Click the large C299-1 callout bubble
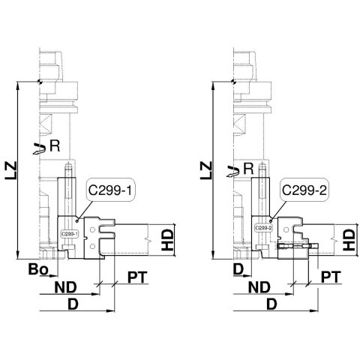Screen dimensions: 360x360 coord(110,190)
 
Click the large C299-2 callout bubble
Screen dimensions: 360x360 coord(304,190)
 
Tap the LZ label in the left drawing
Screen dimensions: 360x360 coord(11,171)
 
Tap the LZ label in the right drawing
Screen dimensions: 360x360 coord(206,171)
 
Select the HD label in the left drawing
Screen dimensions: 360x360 coord(167,240)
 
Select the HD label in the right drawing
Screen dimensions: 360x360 coord(349,240)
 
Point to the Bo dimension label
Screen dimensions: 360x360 coord(38,269)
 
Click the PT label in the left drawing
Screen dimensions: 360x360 coord(137,277)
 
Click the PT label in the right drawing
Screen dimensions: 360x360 coord(331,277)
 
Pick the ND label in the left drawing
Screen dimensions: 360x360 coord(66,287)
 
